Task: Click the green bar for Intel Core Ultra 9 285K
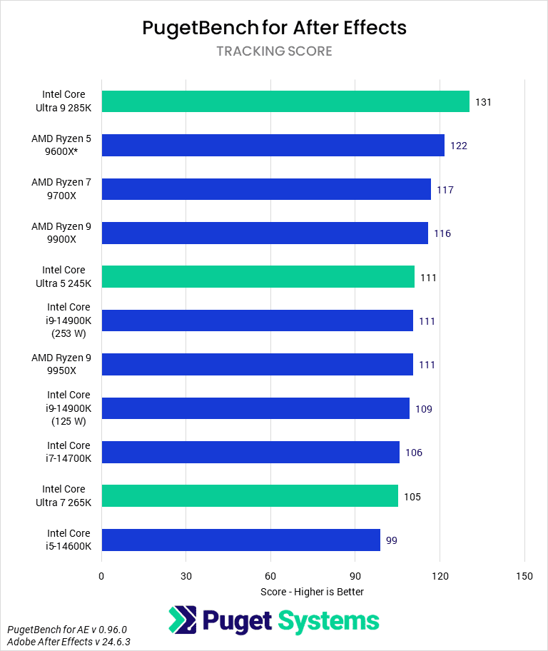tap(285, 101)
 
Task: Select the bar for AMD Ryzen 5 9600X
tap(273, 146)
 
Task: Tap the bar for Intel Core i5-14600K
tap(240, 540)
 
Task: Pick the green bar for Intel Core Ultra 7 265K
tap(250, 496)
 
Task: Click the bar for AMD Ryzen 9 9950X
tap(257, 365)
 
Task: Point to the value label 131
tap(483, 102)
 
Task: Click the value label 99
tap(391, 540)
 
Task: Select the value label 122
tap(458, 146)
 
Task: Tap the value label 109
tap(423, 409)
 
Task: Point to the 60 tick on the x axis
tap(270, 576)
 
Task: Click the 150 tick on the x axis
tap(524, 576)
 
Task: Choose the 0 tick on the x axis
tap(101, 576)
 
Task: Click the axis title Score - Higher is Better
tap(313, 592)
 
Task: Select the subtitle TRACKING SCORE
tap(274, 51)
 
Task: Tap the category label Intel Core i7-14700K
tap(68, 452)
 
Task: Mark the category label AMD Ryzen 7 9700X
tap(61, 189)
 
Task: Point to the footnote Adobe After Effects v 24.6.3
tap(68, 642)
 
